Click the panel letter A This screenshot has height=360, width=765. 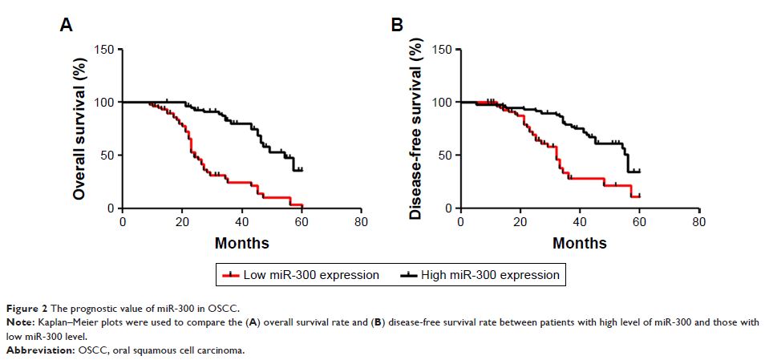(67, 26)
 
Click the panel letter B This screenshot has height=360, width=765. (396, 26)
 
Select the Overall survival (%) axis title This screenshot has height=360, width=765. (79, 129)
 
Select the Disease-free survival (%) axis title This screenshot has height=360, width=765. (415, 129)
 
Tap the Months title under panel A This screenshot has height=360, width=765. (242, 242)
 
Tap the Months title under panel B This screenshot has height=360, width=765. (580, 242)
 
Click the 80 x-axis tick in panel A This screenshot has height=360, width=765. (361, 220)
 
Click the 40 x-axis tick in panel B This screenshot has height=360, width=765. (580, 220)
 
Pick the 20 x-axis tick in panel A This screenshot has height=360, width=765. (182, 220)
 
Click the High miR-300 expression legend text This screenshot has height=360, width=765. (496, 275)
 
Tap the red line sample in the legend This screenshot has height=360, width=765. (233, 275)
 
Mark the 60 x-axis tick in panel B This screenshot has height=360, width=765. (639, 220)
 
